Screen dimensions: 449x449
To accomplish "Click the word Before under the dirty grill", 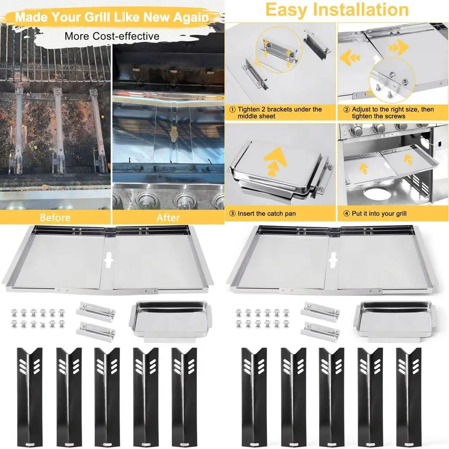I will (x=55, y=218).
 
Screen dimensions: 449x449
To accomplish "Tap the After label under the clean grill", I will (x=168, y=218).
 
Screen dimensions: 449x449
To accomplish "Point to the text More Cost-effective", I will (x=112, y=36).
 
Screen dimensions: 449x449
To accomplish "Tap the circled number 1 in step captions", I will (x=232, y=109).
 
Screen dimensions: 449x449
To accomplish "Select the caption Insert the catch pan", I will (x=267, y=214).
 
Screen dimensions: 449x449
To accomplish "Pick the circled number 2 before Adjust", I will (x=346, y=109).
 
